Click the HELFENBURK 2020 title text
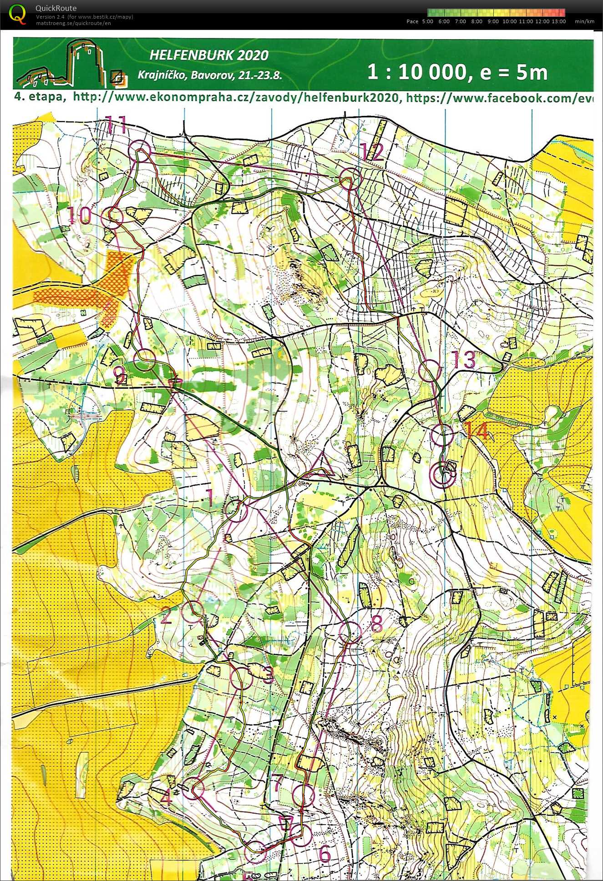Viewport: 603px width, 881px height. point(209,55)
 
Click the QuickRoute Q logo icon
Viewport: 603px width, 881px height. point(17,14)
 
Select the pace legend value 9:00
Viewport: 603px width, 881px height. point(493,21)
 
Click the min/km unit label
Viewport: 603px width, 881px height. point(584,21)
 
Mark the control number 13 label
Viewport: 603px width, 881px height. point(463,360)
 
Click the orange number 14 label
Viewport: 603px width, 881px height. point(476,431)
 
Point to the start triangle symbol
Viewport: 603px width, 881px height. point(322,466)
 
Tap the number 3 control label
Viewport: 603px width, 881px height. point(269,675)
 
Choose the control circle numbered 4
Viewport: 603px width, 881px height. point(193,788)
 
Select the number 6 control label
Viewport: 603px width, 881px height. point(324,854)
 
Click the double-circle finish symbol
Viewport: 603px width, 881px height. point(442,475)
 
